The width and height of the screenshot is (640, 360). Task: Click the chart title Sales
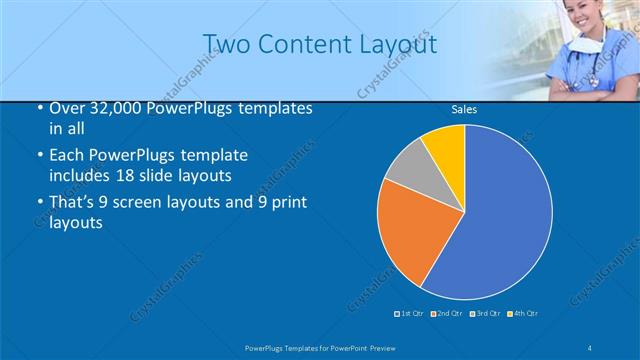click(463, 109)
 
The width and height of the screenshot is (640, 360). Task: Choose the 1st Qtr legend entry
click(411, 314)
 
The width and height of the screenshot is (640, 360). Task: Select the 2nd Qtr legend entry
click(447, 314)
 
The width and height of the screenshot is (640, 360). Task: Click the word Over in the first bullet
click(67, 109)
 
